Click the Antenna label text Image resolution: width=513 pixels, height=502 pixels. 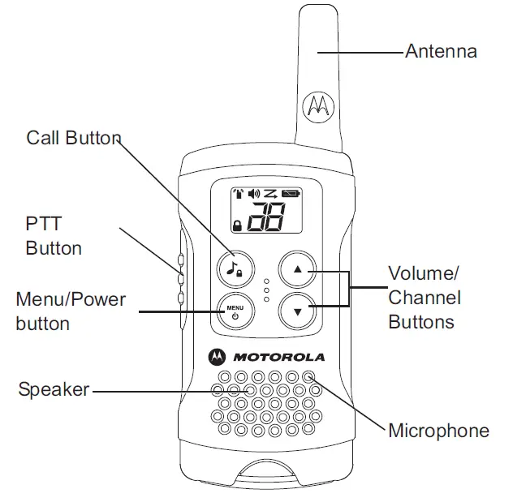[441, 51]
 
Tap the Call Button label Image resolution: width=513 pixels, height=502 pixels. [74, 138]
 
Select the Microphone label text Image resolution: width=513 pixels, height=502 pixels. [439, 430]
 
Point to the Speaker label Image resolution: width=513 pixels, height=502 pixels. [54, 389]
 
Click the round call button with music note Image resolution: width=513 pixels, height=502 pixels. [235, 269]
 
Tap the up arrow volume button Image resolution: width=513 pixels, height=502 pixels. [297, 269]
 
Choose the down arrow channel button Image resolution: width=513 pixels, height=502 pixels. [297, 311]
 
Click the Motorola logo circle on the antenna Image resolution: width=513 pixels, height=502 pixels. [318, 106]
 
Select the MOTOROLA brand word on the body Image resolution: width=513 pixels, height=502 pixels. [278, 357]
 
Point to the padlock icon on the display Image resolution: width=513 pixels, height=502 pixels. [238, 225]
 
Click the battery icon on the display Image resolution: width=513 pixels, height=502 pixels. [291, 194]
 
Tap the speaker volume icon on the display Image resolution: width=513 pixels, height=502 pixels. [254, 194]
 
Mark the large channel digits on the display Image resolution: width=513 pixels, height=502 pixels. [266, 217]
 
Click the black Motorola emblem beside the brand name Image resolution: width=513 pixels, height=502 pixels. [217, 357]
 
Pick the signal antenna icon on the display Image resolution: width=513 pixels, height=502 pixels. [239, 194]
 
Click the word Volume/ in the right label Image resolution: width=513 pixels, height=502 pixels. [424, 273]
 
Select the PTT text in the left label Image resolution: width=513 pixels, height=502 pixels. [44, 224]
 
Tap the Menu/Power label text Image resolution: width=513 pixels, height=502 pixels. [71, 299]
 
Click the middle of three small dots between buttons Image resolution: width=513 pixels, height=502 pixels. [266, 290]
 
